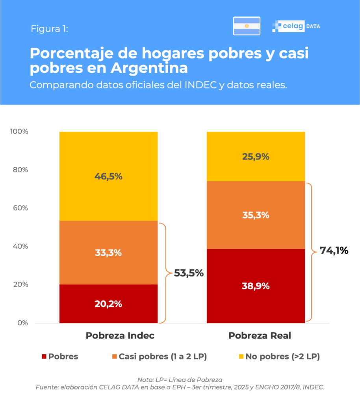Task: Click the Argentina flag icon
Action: pyautogui.click(x=247, y=26)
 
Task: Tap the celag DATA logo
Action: pyautogui.click(x=296, y=26)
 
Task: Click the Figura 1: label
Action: pyautogui.click(x=49, y=29)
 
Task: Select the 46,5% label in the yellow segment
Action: pyautogui.click(x=108, y=177)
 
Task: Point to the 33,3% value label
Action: pyautogui.click(x=108, y=253)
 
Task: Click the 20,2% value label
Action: pyautogui.click(x=108, y=304)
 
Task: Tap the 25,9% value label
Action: pyautogui.click(x=256, y=157)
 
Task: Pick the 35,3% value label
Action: pyautogui.click(x=256, y=215)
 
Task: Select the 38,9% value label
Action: pyautogui.click(x=256, y=286)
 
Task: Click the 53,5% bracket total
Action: pyautogui.click(x=189, y=273)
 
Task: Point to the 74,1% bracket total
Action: pyautogui.click(x=334, y=250)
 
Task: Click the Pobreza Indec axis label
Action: pyautogui.click(x=120, y=336)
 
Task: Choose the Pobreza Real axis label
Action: pyautogui.click(x=260, y=336)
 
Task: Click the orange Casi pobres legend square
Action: pyautogui.click(x=114, y=357)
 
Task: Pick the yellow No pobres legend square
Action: pyautogui.click(x=241, y=357)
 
